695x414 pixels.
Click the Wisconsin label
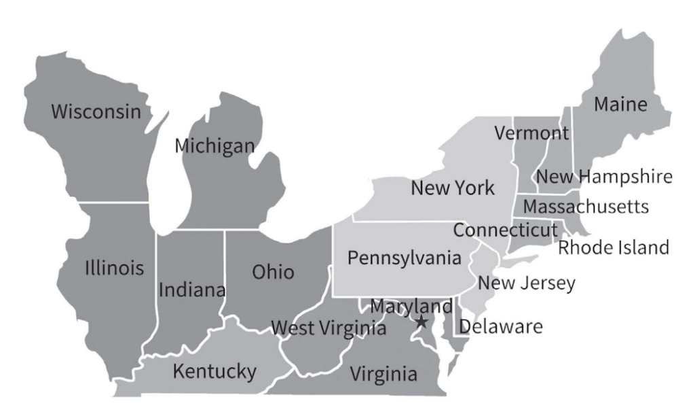tap(98, 111)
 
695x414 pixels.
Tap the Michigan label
tap(214, 145)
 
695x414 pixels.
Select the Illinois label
tap(114, 267)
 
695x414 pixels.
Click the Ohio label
tap(273, 272)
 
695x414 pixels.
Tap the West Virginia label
tap(328, 329)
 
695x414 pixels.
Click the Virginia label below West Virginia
tap(383, 373)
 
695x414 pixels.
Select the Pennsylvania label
tap(405, 258)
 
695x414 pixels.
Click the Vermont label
tap(531, 132)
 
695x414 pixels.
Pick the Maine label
tap(620, 105)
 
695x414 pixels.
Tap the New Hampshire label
tap(604, 177)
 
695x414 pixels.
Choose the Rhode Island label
tap(614, 247)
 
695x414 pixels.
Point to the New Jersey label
tap(527, 282)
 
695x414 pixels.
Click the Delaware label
tap(501, 327)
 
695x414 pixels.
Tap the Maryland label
tap(411, 307)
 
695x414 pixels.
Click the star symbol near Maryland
tap(421, 322)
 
